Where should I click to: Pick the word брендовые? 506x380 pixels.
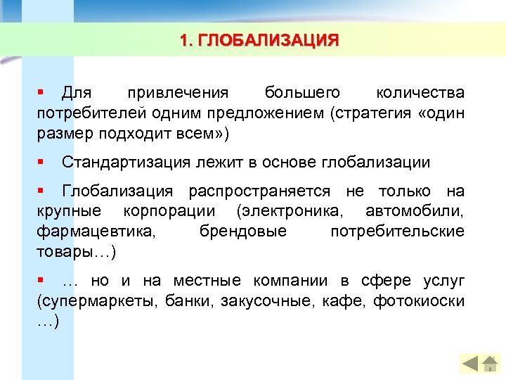[243, 232]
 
